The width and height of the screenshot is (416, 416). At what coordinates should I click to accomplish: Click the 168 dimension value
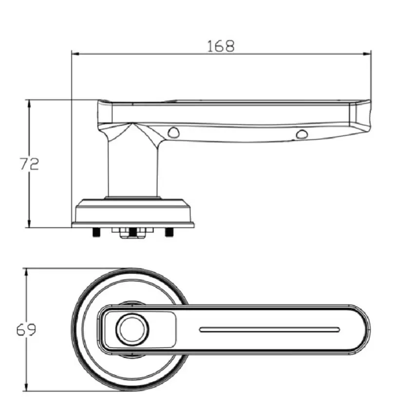pos(221,46)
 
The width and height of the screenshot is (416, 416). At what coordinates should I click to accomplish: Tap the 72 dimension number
pos(29,164)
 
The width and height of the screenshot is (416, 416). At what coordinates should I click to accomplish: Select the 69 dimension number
pos(26,330)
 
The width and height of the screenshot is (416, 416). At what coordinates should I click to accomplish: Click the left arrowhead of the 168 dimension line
pos(76,54)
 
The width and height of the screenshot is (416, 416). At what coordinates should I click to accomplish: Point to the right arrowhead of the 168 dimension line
pos(367,54)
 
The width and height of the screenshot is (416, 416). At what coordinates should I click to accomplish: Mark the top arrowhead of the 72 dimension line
pos(29,104)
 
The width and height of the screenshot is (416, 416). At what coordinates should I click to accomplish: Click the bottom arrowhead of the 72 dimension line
pos(29,224)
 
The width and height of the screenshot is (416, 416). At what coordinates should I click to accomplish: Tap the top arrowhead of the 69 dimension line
pos(26,272)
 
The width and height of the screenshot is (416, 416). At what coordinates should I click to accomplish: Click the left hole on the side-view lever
pos(173,132)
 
